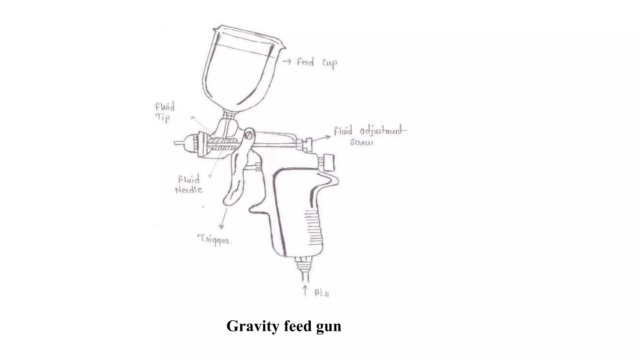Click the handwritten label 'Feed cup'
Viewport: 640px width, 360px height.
pyautogui.click(x=317, y=63)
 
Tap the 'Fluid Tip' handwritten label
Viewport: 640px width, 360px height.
pyautogui.click(x=165, y=112)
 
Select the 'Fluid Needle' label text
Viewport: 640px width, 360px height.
pyautogui.click(x=189, y=185)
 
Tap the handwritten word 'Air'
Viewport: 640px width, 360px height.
pyautogui.click(x=322, y=293)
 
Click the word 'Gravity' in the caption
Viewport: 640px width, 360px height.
pyautogui.click(x=253, y=326)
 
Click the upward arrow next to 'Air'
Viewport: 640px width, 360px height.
pyautogui.click(x=305, y=290)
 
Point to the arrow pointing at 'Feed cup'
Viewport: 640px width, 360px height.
pyautogui.click(x=287, y=62)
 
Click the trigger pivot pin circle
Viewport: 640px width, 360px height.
pyautogui.click(x=249, y=135)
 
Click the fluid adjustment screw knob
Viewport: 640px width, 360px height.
pyautogui.click(x=309, y=144)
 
